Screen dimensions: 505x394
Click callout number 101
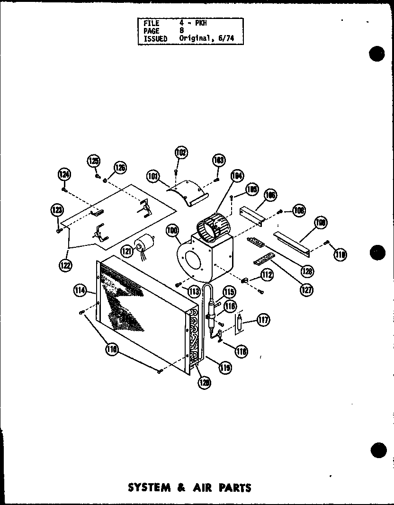(153, 176)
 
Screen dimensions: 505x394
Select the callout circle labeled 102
(180, 153)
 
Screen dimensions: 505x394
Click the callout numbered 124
(64, 174)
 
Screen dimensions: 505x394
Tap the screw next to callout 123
(58, 231)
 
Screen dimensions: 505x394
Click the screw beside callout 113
(177, 285)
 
